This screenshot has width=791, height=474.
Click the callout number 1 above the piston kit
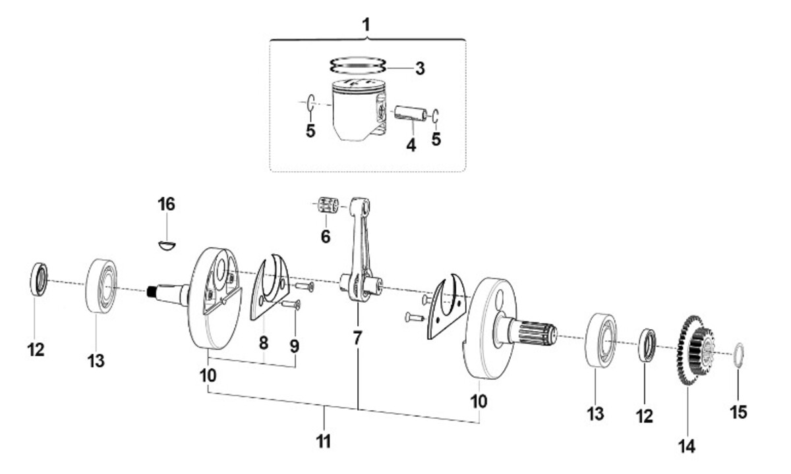(x=366, y=25)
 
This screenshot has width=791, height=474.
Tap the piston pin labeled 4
(x=411, y=113)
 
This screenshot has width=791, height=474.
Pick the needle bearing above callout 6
(x=327, y=205)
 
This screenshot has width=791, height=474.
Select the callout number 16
(x=166, y=205)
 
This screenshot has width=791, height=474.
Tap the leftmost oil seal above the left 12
(x=38, y=279)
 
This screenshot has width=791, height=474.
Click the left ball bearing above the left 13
(x=102, y=286)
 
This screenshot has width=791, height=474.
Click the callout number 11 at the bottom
(x=324, y=442)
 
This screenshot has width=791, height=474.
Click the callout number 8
(x=264, y=343)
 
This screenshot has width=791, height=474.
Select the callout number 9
(x=295, y=346)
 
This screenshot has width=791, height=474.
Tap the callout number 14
(x=687, y=446)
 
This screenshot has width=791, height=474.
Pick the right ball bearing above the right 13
(x=601, y=340)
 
